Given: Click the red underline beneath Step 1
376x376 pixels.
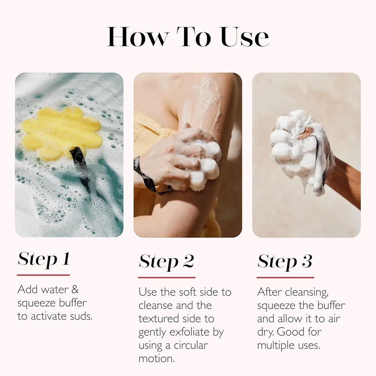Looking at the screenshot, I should pos(43,275).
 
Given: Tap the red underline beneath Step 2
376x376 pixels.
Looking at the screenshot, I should pos(167,277).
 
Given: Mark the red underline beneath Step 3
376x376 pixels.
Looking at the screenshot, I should pos(285,277).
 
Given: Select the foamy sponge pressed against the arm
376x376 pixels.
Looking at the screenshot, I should pos(204,162).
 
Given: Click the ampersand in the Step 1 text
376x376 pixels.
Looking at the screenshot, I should pos(75,289).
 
